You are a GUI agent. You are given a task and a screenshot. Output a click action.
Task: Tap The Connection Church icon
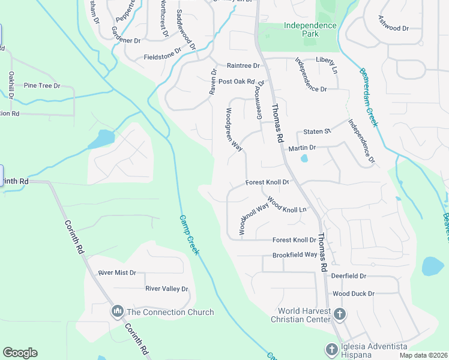117,311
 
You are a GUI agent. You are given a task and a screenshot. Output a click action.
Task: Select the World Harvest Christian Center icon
340,314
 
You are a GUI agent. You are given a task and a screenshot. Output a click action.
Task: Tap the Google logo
20,353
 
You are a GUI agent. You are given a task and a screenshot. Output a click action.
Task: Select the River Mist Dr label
117,272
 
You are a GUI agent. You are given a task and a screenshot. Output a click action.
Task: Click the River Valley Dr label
167,289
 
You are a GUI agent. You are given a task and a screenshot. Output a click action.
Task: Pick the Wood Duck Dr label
354,293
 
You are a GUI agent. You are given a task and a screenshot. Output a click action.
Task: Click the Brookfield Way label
294,254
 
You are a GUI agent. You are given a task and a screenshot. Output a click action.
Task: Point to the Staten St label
317,131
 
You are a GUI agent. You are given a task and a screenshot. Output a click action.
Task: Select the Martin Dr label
302,148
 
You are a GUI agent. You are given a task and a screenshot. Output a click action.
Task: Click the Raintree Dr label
243,65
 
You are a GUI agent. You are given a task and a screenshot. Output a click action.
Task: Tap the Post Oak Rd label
237,82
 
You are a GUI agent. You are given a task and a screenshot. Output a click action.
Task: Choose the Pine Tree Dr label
42,86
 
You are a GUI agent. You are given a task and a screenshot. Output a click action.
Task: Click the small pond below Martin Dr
304,158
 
